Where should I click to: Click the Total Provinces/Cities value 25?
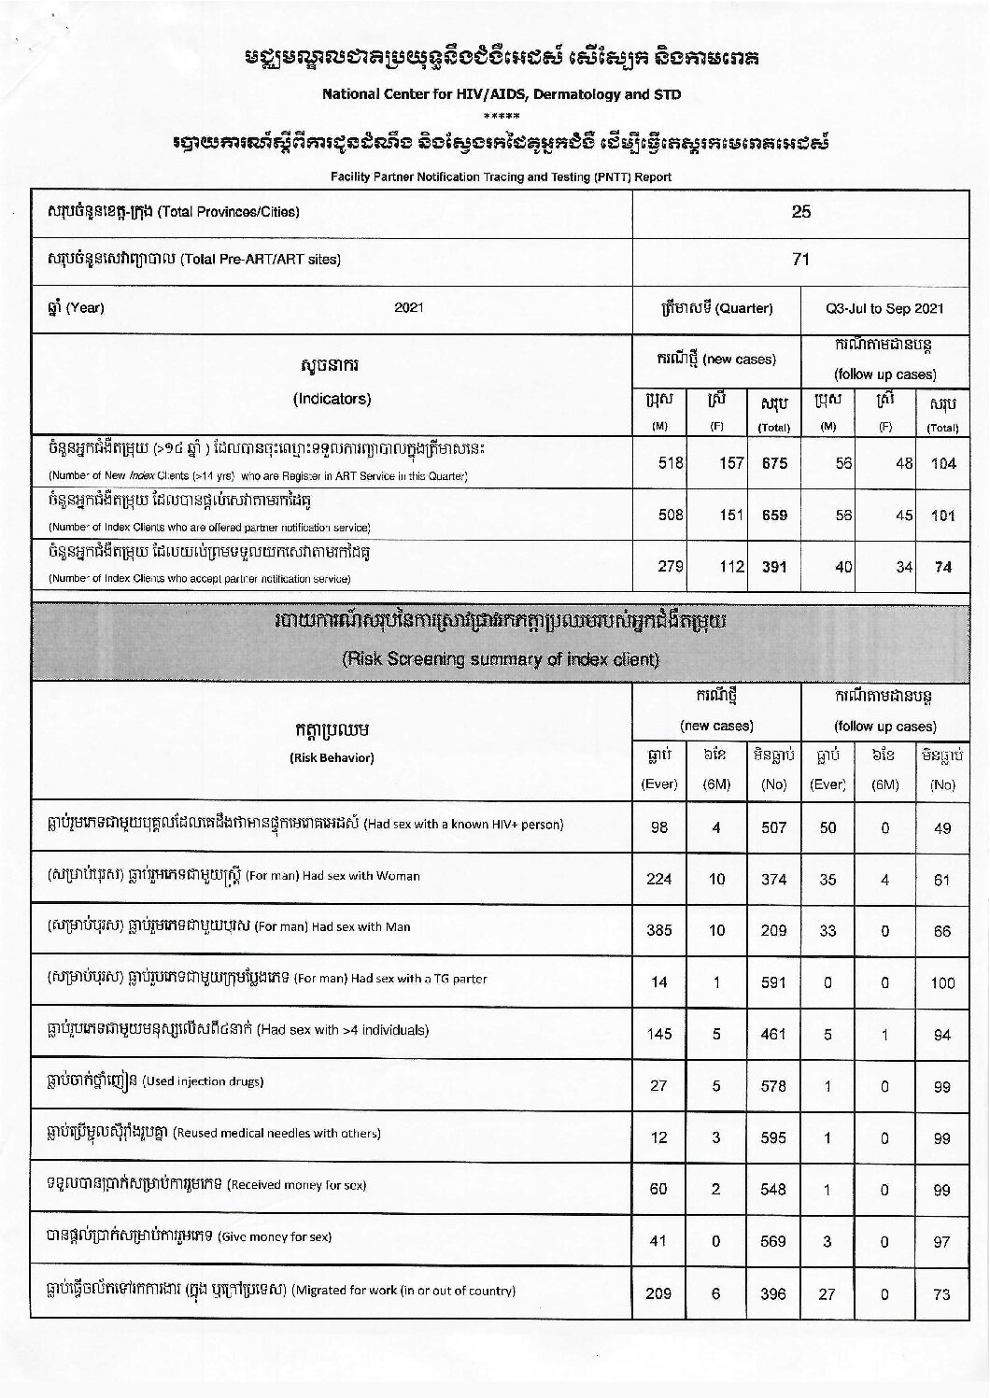tap(800, 211)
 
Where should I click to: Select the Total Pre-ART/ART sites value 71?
tap(800, 260)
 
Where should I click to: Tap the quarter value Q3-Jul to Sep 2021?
tap(884, 309)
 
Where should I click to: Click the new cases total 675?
tap(774, 463)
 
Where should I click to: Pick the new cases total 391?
tap(774, 566)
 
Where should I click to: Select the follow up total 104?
tap(943, 463)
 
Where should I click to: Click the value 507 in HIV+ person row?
tap(773, 827)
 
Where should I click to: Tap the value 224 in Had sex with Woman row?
tap(659, 879)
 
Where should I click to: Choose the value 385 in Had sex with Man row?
tap(659, 931)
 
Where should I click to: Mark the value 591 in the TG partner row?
tap(773, 982)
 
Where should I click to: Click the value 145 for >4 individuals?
tap(659, 1034)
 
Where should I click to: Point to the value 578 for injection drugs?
tap(773, 1086)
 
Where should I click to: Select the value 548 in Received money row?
tap(773, 1190)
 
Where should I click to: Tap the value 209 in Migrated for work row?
tap(658, 1294)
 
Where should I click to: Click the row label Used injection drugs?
tap(203, 1081)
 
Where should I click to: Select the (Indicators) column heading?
tap(332, 399)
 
